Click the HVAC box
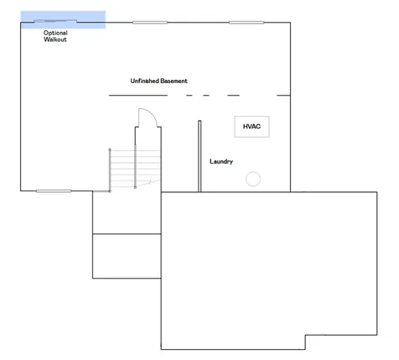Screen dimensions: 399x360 click(x=251, y=127)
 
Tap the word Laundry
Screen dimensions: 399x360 click(x=221, y=162)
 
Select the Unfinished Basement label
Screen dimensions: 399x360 click(x=158, y=81)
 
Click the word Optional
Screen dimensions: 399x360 click(x=55, y=33)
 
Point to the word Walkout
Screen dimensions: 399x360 click(x=55, y=39)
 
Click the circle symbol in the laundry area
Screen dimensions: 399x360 click(x=253, y=179)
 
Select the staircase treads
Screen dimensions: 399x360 click(x=135, y=169)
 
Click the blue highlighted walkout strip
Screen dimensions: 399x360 click(x=63, y=19)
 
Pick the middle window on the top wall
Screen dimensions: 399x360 click(x=150, y=23)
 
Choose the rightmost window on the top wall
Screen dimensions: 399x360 click(x=246, y=23)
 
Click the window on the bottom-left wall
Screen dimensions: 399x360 click(x=54, y=191)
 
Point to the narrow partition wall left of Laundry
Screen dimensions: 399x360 click(x=199, y=156)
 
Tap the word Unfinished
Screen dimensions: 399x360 click(x=144, y=81)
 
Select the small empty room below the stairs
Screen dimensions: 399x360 click(x=127, y=256)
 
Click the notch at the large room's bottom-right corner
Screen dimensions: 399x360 click(x=305, y=335)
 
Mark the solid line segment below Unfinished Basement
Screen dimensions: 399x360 click(x=138, y=96)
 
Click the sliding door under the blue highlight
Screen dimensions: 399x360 click(x=55, y=21)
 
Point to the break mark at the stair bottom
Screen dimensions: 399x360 click(x=149, y=183)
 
